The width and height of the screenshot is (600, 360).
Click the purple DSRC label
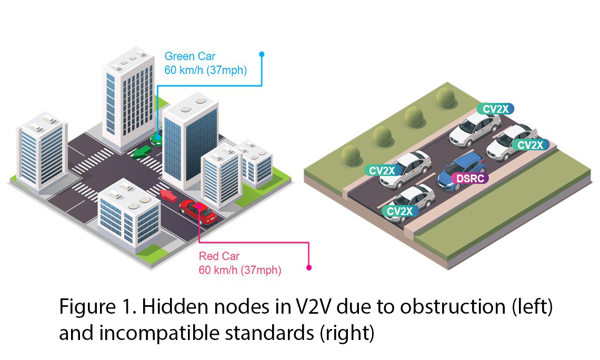[x=470, y=178]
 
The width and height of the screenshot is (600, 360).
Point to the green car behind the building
[x=156, y=138]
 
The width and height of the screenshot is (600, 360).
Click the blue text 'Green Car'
[x=190, y=56]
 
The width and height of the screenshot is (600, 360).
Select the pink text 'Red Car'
[x=219, y=257]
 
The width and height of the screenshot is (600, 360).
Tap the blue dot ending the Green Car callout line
[x=262, y=54]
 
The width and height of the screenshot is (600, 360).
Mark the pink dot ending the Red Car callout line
[x=309, y=267]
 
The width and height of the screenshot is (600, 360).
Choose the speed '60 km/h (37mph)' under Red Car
[x=239, y=271]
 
